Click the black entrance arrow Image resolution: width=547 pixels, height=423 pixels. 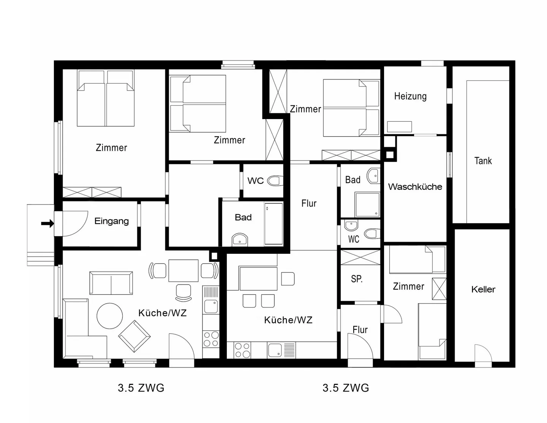click(47, 223)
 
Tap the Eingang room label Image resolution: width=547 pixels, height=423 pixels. click(111, 221)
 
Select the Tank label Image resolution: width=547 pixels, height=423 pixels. click(483, 161)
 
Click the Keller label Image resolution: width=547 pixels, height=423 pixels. click(483, 289)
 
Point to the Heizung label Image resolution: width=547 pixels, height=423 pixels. click(410, 96)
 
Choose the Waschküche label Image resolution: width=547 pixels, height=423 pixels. click(415, 187)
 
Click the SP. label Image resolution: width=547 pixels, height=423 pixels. click(357, 279)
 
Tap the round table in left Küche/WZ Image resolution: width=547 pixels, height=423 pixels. click(110, 316)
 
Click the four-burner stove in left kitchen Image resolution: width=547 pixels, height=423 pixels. click(211, 339)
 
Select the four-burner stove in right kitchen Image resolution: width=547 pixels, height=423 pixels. click(242, 350)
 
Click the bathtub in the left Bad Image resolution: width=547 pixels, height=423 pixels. click(273, 224)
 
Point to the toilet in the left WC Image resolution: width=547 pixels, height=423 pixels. click(275, 180)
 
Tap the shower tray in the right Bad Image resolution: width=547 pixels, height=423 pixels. click(367, 205)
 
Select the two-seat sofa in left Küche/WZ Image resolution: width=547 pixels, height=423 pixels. click(111, 283)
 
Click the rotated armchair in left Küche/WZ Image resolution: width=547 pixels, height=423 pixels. click(134, 336)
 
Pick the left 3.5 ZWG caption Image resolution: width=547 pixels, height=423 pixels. click(141, 388)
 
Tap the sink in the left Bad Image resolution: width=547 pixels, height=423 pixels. click(239, 240)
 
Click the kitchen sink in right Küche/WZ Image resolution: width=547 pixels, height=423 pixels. click(275, 350)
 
